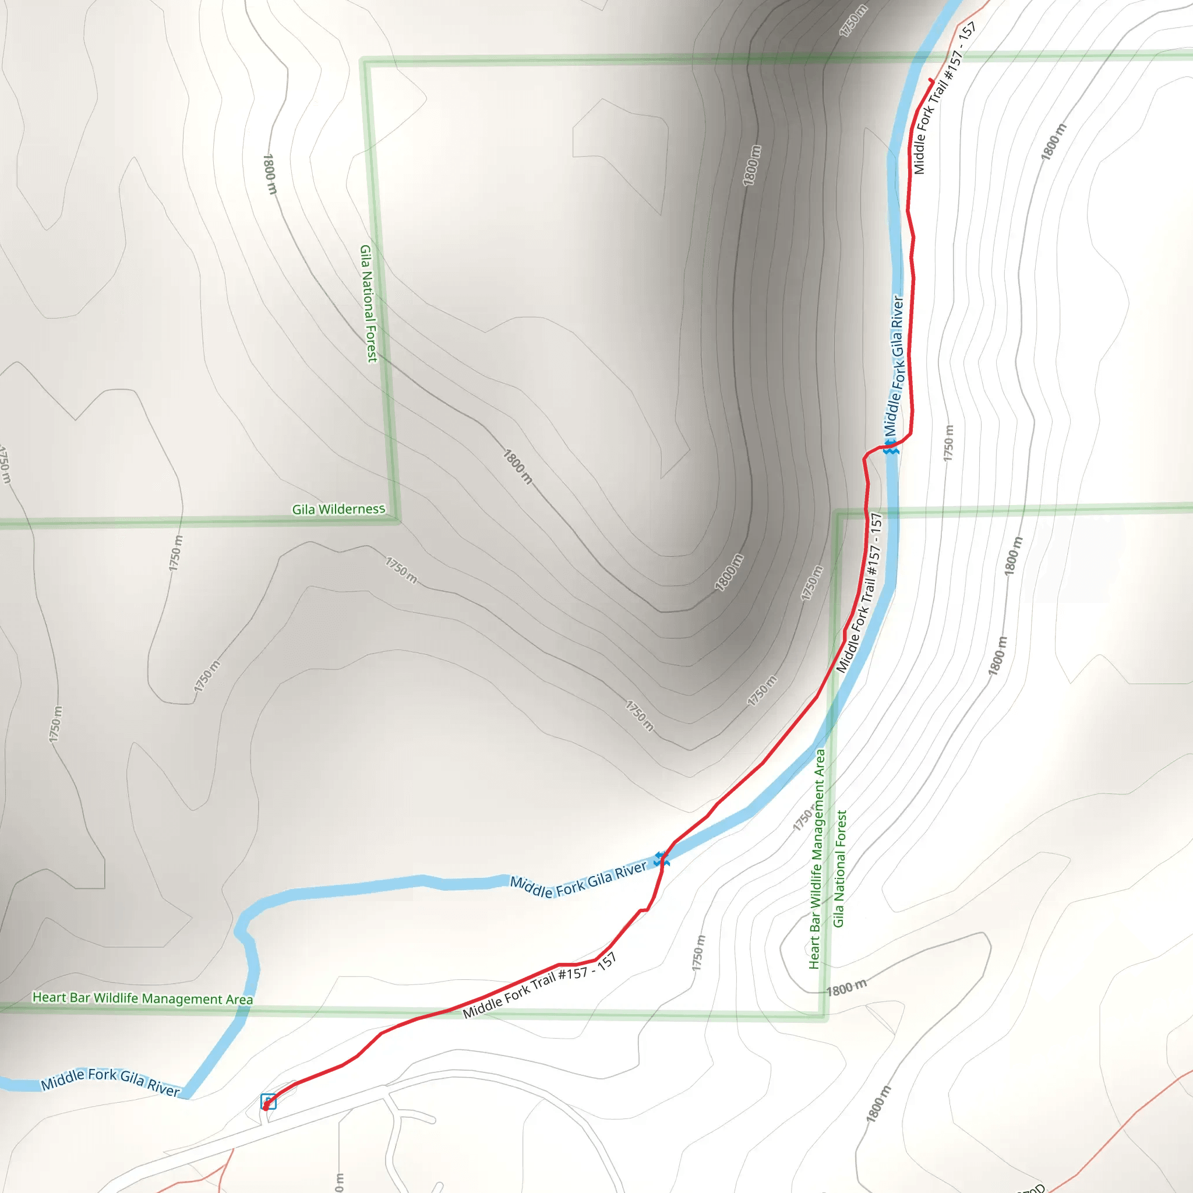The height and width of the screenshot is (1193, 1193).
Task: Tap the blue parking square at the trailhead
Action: click(268, 1101)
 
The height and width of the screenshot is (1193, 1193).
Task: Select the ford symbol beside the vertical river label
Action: click(890, 447)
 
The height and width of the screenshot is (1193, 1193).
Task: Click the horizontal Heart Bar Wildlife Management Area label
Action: click(143, 998)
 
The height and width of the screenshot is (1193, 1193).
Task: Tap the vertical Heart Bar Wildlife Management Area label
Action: click(817, 858)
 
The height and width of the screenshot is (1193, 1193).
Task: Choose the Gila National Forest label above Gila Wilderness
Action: click(369, 304)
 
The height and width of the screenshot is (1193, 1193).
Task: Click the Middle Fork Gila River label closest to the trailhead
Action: click(111, 1082)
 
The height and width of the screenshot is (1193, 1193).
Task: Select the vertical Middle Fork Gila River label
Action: click(894, 366)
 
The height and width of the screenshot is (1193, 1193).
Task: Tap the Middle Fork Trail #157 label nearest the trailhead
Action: click(539, 986)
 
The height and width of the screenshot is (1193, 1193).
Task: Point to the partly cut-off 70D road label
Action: click(1030, 1187)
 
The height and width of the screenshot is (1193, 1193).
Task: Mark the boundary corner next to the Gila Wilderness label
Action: click(398, 521)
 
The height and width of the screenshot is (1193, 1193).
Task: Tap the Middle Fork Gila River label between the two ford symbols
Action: click(578, 878)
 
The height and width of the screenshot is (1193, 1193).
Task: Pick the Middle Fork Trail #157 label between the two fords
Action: click(860, 592)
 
